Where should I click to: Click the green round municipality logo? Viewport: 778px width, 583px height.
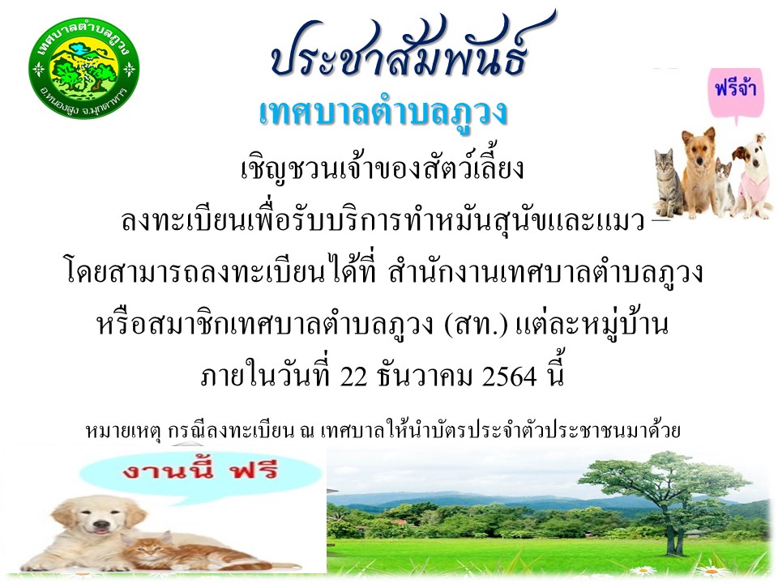click(x=83, y=70)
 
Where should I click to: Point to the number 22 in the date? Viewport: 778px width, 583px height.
click(x=353, y=378)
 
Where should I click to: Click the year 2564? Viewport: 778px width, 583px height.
click(x=509, y=378)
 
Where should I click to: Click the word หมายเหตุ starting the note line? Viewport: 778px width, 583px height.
click(x=124, y=430)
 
